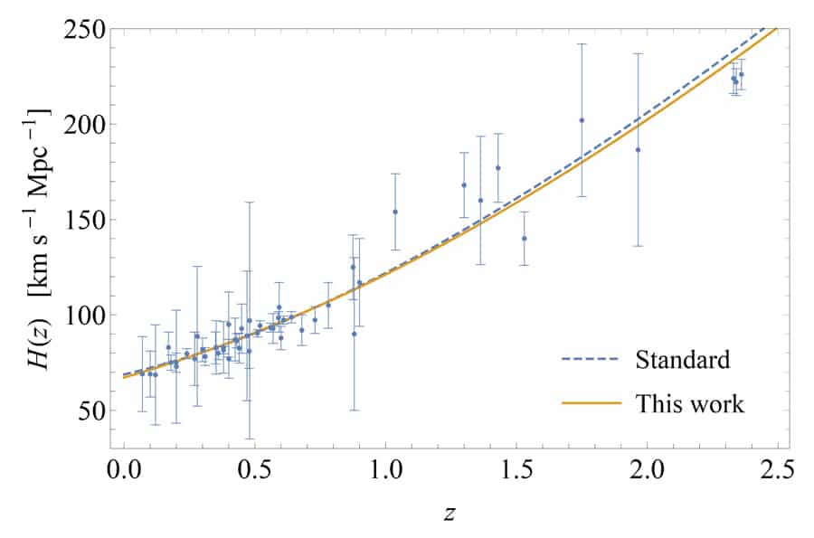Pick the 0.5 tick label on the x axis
254,470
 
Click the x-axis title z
450,513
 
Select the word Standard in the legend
683,359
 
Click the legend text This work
690,403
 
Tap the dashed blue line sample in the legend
591,360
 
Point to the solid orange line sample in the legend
591,404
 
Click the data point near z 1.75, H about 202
582,119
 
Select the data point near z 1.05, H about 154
395,212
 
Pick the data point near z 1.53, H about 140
524,239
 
